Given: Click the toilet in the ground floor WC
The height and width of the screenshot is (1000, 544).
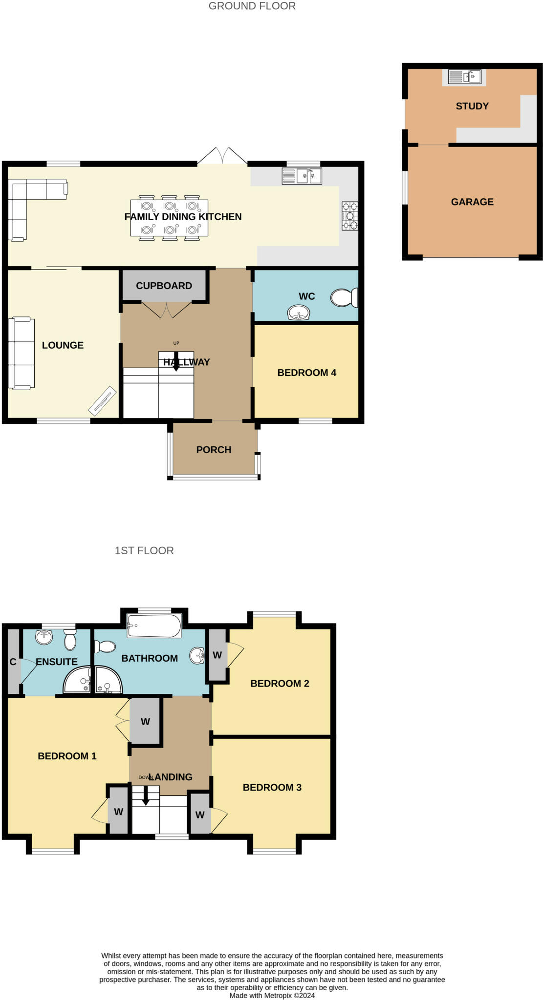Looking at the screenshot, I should (345, 297).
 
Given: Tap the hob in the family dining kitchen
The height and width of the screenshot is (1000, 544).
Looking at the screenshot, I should (349, 216).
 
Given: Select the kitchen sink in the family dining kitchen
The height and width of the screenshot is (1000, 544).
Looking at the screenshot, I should (302, 175).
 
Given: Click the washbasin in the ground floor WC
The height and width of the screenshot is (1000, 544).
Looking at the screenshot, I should (299, 312).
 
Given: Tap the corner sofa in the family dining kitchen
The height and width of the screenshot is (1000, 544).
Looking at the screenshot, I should (29, 200).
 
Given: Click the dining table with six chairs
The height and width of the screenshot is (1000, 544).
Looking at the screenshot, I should (169, 217).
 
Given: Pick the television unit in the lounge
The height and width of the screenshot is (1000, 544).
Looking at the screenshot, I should (102, 400).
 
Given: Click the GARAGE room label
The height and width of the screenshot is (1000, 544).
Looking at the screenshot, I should (472, 202).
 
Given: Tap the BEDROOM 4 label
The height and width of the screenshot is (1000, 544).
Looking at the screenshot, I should (306, 373).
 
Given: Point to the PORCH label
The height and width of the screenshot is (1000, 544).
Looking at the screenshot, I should (214, 450).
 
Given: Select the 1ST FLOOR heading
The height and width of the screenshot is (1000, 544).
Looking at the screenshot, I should (144, 550).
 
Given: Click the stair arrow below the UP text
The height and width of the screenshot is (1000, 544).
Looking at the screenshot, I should (176, 361).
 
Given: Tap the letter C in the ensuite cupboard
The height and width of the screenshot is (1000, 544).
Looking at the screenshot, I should (13, 662).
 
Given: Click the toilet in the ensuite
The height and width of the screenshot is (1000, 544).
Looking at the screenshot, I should (70, 639).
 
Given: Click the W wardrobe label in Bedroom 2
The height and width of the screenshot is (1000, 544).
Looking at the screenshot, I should (218, 655).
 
